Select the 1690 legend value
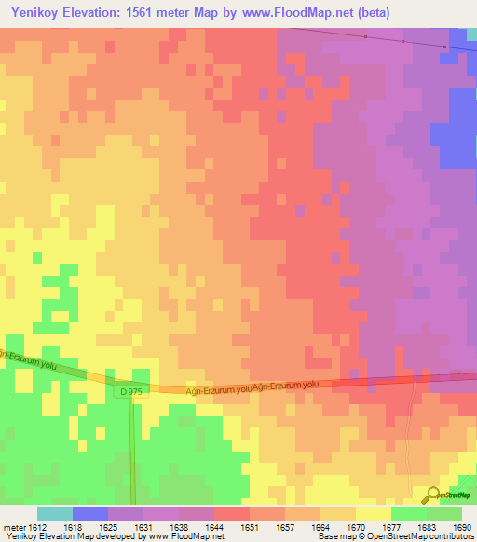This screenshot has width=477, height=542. point(463,526)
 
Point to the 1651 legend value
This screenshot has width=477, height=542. point(249,526)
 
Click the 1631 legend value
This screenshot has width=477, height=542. point(143,526)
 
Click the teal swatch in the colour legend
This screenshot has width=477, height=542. point(54,513)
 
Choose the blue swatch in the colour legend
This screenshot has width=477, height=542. point(89,513)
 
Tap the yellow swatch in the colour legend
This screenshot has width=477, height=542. point(373,513)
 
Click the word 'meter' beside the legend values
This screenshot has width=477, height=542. point(11,526)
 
